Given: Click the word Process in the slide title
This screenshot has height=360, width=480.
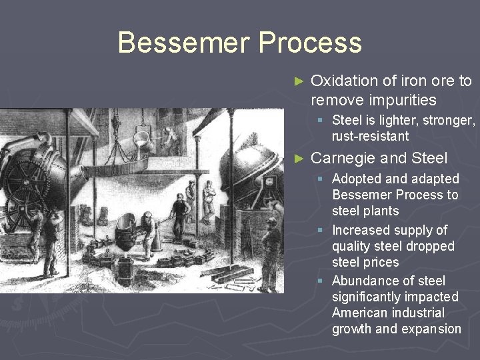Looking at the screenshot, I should [310, 43].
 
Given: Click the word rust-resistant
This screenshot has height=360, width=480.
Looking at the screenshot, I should [370, 136].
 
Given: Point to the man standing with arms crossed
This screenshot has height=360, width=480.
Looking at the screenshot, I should [209, 197].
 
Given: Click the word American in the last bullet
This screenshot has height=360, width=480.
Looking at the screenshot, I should [364, 313].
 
